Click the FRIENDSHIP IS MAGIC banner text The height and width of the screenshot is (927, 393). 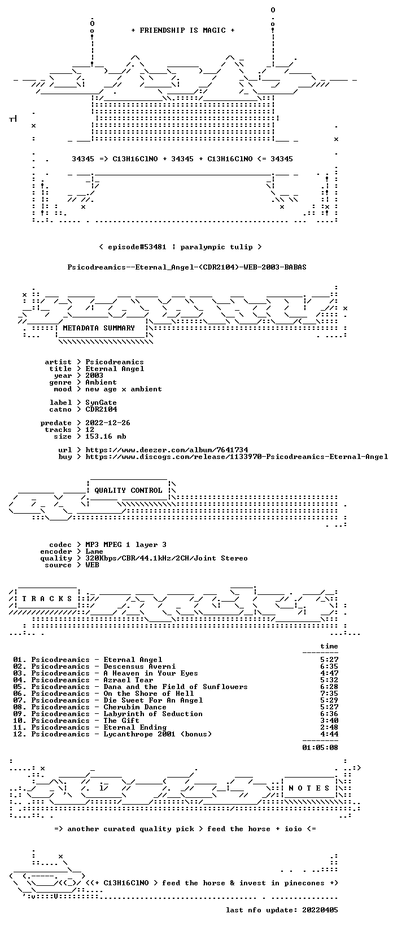pyautogui.click(x=183, y=30)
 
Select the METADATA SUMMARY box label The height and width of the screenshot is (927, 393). pyautogui.click(x=99, y=328)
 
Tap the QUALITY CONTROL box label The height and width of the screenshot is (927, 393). pyautogui.click(x=128, y=491)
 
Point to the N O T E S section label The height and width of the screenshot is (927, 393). pyautogui.click(x=309, y=788)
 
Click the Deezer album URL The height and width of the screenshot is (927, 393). pyautogui.click(x=167, y=450)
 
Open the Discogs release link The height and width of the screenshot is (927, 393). pyautogui.click(x=237, y=457)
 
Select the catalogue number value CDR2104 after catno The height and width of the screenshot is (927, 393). pyautogui.click(x=101, y=409)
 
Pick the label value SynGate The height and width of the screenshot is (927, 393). pyautogui.click(x=101, y=403)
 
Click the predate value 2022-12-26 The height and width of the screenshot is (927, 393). pyautogui.click(x=108, y=423)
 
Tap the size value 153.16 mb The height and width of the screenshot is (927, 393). pyautogui.click(x=106, y=436)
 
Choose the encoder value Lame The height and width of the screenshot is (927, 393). pyautogui.click(x=94, y=551)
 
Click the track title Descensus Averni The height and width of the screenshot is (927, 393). pyautogui.click(x=139, y=666)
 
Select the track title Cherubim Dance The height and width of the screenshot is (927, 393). pyautogui.click(x=135, y=707)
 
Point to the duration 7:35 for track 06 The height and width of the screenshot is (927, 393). pyautogui.click(x=329, y=694)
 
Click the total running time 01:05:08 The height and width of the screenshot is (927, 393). pyautogui.click(x=320, y=748)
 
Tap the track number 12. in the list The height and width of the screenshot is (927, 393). pyautogui.click(x=20, y=734)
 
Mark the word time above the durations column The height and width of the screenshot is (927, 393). pyautogui.click(x=329, y=646)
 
